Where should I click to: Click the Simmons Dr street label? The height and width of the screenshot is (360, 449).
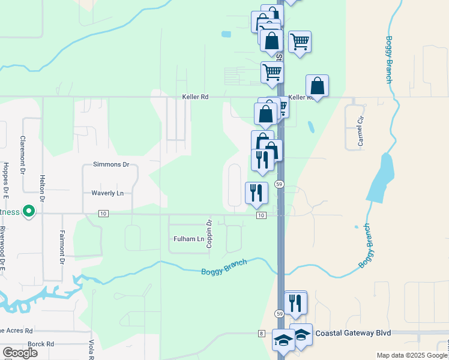[x=111, y=164]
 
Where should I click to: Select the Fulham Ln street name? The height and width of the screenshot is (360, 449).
[x=188, y=239]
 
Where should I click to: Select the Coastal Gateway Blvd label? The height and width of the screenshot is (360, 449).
[x=353, y=333]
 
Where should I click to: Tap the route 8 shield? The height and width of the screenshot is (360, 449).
[x=262, y=333]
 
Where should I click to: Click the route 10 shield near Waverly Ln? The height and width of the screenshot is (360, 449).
[x=103, y=214]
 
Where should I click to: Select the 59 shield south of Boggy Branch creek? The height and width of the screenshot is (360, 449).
[x=279, y=314]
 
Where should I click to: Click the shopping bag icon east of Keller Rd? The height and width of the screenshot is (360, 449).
[x=317, y=86]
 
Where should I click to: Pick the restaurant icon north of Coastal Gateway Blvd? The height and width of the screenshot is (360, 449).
[x=295, y=303]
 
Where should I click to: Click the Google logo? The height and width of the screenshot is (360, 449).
[x=20, y=353]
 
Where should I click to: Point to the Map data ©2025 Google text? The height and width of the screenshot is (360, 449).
[x=412, y=355]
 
